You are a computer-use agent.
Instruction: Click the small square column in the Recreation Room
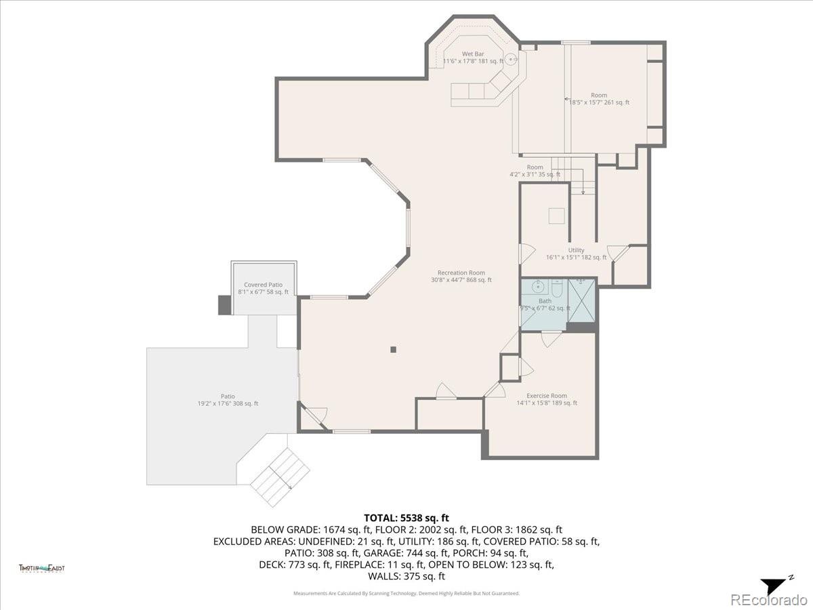coord(393,350)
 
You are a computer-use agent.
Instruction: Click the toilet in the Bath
coord(556,289)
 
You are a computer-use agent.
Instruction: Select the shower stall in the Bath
coord(581,300)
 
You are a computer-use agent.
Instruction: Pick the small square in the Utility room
coord(557,215)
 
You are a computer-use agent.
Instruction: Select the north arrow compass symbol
coord(772,585)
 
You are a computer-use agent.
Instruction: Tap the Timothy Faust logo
coord(42,569)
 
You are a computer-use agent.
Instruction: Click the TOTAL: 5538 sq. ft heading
coord(406,518)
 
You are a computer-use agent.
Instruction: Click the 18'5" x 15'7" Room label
coord(598,99)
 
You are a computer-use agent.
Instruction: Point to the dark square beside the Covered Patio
coord(224,305)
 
